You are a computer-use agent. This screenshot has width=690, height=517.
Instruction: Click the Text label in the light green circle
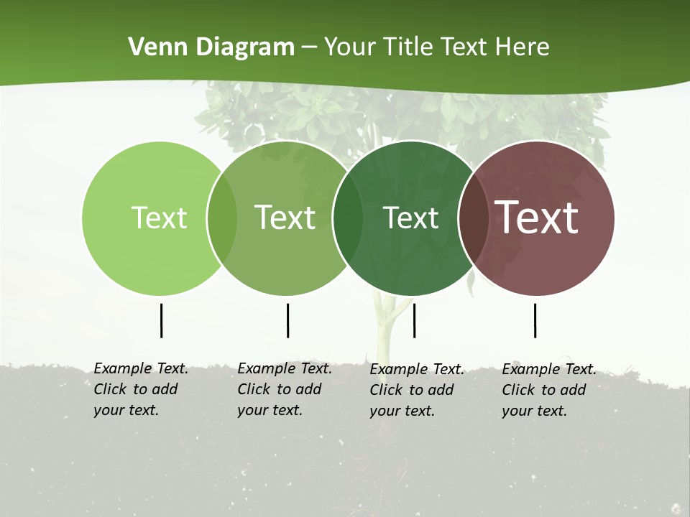159,218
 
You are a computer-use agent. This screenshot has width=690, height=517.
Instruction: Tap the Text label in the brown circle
536,218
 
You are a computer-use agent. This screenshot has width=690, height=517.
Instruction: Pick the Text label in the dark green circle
410,218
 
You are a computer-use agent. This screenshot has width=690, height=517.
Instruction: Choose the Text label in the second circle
285,218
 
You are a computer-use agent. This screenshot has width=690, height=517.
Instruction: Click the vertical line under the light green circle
162,320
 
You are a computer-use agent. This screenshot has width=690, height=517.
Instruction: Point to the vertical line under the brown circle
535,320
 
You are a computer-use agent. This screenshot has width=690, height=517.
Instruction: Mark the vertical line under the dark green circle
415,320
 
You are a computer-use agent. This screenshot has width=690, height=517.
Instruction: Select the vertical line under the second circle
288,320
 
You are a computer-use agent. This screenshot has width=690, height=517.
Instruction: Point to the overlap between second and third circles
348,218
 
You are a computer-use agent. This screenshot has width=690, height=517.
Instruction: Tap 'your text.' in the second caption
270,410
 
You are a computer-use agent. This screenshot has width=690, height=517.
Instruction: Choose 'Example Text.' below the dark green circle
417,369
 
